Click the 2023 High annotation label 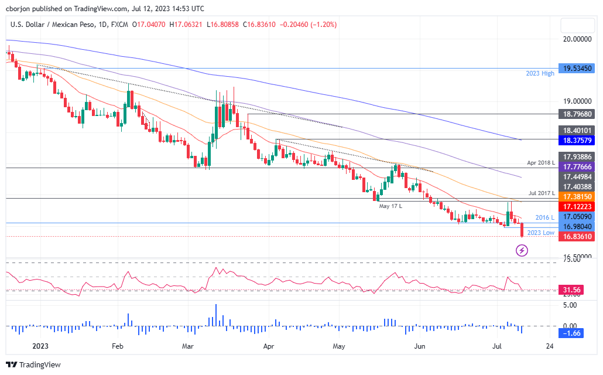click(540, 74)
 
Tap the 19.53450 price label click(577, 68)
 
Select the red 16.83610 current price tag click(577, 237)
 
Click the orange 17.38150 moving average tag click(577, 196)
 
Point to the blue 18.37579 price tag click(577, 141)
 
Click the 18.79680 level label click(577, 114)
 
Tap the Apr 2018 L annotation click(539, 162)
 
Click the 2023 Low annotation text click(540, 233)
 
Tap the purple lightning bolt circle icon click(522, 251)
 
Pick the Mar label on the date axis click(188, 346)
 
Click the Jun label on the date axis click(419, 346)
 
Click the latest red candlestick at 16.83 click(522, 230)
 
